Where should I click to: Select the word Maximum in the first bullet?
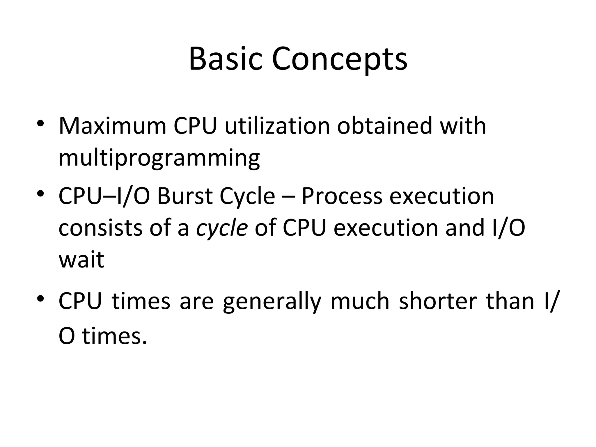[112, 126]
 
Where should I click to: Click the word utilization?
[277, 126]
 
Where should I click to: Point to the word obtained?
[384, 126]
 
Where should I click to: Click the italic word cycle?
[222, 228]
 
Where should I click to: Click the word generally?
[272, 301]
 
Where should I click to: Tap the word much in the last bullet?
[360, 301]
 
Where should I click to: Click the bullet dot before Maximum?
[40, 123]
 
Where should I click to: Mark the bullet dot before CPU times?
[40, 299]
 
